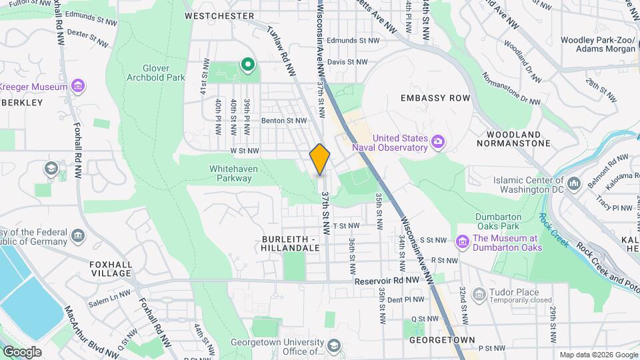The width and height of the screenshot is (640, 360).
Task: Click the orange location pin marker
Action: (x=320, y=159)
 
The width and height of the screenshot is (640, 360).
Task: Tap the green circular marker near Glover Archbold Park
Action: (x=248, y=65)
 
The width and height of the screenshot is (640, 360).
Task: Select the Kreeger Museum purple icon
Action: (x=78, y=87)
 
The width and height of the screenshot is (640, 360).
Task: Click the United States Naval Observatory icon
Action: (x=437, y=141)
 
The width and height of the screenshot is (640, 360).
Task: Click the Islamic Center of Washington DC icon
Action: (x=574, y=182)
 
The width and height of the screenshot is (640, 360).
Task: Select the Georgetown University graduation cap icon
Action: (x=333, y=346)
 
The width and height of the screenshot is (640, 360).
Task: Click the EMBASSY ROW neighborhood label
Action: (x=435, y=98)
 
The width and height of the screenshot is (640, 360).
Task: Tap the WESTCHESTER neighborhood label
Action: (x=219, y=15)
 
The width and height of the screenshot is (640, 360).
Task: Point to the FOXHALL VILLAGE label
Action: (x=111, y=269)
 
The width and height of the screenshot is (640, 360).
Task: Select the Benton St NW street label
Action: (x=284, y=121)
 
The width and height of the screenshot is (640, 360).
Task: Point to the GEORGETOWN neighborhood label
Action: (x=442, y=340)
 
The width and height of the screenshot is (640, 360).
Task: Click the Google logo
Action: (x=21, y=352)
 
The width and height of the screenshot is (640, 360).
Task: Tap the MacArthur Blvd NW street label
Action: (x=87, y=330)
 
